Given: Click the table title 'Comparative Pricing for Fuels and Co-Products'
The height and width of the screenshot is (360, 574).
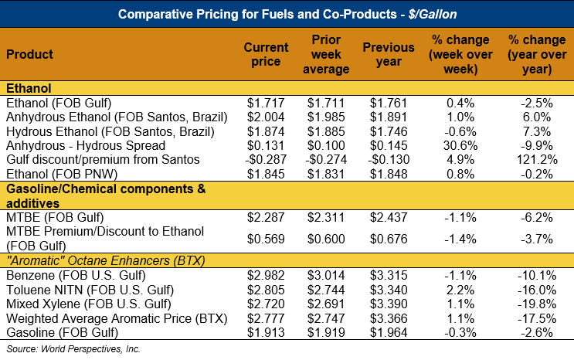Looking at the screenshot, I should pyautogui.click(x=287, y=13).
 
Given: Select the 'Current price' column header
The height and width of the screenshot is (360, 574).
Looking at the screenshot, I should pyautogui.click(x=266, y=55).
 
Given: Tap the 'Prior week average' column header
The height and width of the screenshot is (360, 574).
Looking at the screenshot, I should pyautogui.click(x=328, y=55).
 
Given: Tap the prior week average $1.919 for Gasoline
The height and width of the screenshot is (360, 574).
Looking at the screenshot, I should pyautogui.click(x=328, y=333).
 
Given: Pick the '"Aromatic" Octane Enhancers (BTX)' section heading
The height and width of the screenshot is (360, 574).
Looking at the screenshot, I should pyautogui.click(x=105, y=260).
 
